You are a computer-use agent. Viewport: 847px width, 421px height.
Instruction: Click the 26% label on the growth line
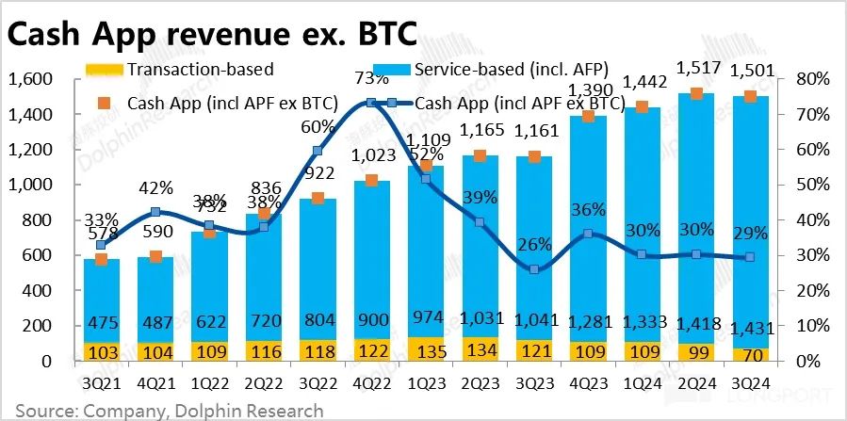coord(534,245)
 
